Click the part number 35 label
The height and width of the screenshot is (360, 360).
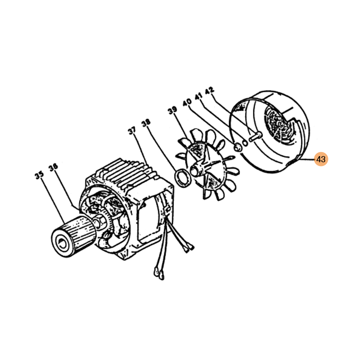point(39,175)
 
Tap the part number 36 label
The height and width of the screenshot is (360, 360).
point(53,167)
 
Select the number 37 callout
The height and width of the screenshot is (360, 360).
point(132,131)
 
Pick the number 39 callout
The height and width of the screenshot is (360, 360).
point(173,110)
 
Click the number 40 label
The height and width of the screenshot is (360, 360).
point(187,103)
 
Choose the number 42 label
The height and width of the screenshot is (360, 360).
point(209,90)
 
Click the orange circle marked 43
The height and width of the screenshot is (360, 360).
point(321,159)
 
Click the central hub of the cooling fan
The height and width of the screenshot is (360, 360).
point(197,168)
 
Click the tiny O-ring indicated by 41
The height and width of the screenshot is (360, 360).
point(245,143)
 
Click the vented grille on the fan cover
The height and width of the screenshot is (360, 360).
point(279,126)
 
